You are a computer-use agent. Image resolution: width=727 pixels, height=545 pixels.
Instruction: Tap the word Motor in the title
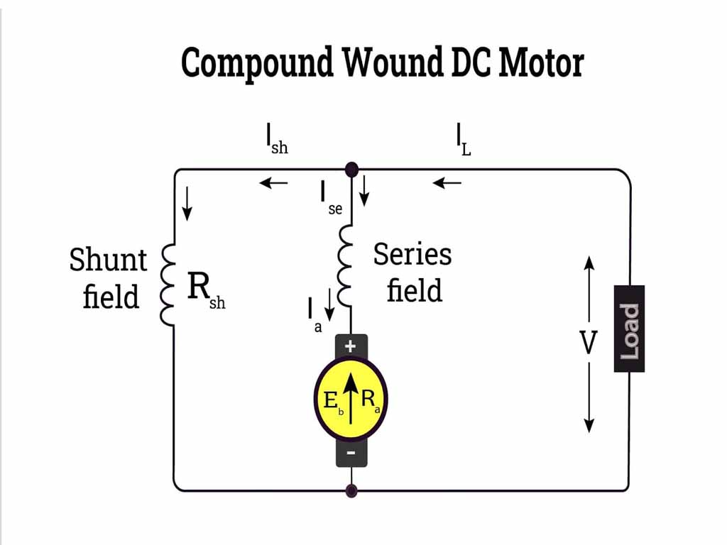click(x=541, y=62)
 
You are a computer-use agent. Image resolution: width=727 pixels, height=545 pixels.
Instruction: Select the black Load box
click(x=629, y=329)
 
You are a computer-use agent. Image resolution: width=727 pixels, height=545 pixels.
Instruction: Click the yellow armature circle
click(x=351, y=400)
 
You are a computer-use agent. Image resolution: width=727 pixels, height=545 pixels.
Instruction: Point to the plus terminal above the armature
click(x=351, y=346)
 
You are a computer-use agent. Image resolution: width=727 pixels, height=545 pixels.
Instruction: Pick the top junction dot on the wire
click(x=351, y=170)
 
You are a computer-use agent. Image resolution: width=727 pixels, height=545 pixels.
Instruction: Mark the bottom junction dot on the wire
click(x=351, y=490)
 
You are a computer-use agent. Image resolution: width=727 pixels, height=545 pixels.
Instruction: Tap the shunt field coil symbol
click(x=168, y=285)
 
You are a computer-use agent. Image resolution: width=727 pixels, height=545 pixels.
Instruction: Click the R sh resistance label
click(x=205, y=290)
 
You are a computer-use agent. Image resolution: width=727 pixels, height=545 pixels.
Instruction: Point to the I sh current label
click(x=276, y=139)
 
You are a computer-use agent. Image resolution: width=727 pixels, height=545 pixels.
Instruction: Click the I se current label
click(x=331, y=198)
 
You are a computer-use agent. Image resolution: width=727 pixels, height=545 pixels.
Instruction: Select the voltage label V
click(x=589, y=343)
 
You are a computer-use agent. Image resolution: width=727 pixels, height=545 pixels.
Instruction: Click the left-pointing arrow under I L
click(x=447, y=183)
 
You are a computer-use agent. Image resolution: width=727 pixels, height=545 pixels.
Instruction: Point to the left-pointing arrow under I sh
click(x=273, y=183)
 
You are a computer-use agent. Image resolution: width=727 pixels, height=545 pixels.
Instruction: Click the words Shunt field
click(x=108, y=277)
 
